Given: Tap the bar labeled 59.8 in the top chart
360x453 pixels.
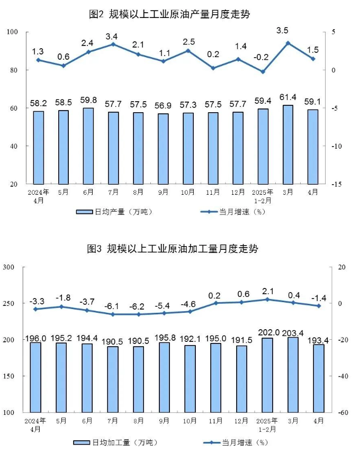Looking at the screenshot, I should tap(88, 146).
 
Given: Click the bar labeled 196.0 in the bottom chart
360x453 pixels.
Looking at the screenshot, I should tap(35, 377).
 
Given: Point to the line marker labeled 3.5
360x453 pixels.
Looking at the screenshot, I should tap(287, 43).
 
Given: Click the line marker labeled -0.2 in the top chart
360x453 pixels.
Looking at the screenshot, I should tap(263, 71).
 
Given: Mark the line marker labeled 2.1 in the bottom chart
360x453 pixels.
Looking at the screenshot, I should tap(267, 300).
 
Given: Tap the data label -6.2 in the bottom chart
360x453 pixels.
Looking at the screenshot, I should tap(138, 291).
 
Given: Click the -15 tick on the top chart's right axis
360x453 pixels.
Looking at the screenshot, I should tap(338, 184).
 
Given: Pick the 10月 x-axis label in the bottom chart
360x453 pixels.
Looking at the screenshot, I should tap(189, 421).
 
